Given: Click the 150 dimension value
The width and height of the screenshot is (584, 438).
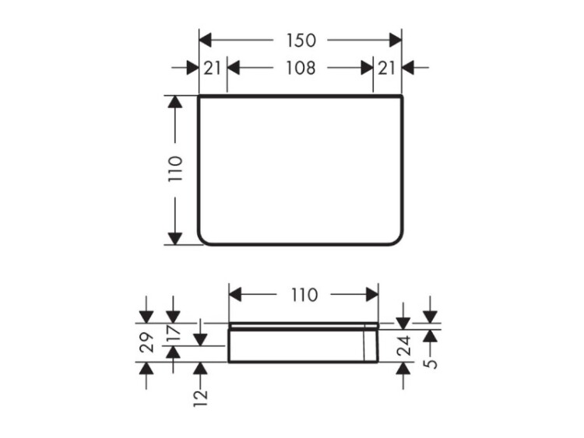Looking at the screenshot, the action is click(x=301, y=40).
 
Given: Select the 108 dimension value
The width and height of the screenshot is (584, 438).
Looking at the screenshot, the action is click(x=301, y=68).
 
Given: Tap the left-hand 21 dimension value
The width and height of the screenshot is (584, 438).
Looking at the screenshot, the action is click(x=213, y=68).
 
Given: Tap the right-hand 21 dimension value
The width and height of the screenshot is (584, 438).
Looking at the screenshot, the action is click(x=386, y=68).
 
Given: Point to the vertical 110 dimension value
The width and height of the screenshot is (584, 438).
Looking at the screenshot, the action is click(x=175, y=169).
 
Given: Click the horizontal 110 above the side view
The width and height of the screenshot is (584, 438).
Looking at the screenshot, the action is click(x=304, y=295).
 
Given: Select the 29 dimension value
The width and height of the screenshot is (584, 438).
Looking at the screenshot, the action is click(x=146, y=342).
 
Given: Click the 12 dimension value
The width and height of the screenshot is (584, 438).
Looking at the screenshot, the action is click(x=200, y=398).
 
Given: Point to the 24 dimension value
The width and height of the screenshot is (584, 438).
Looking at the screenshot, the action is click(x=403, y=345).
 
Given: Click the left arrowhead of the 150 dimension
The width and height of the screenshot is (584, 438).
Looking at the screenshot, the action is click(x=206, y=40).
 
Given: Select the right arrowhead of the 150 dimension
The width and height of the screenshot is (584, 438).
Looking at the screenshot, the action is click(x=396, y=40).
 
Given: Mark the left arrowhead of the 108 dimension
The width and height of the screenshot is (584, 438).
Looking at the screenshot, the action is click(x=233, y=68).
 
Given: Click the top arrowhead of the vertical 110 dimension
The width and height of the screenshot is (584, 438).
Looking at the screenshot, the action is click(x=175, y=102).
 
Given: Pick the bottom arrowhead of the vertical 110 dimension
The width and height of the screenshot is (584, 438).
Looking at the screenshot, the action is click(x=175, y=239).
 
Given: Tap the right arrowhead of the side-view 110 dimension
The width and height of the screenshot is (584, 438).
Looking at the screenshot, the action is click(x=372, y=295).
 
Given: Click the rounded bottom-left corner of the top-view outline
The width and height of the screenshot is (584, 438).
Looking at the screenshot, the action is click(x=202, y=240).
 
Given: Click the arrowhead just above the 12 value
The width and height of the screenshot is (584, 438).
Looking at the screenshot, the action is click(x=200, y=369).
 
